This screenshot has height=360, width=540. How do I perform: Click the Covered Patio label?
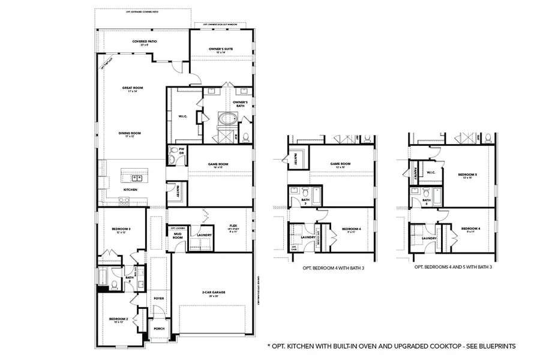(x=144, y=42)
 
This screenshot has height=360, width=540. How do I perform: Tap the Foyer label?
(x=158, y=298)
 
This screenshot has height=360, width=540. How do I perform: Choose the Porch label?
(x=159, y=329)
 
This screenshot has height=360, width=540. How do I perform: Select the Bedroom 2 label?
(x=118, y=319)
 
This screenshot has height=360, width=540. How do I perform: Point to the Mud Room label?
(x=178, y=236)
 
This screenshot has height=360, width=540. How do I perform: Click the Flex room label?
(x=233, y=227)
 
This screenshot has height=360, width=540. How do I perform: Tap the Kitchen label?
(x=131, y=190)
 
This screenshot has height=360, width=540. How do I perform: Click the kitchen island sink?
(x=137, y=178)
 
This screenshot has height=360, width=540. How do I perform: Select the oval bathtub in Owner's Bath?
(x=227, y=118)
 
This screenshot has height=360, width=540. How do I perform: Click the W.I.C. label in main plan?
(x=183, y=116)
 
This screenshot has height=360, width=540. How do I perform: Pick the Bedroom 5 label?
(x=469, y=176)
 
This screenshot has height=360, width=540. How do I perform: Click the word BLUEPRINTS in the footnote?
(x=493, y=346)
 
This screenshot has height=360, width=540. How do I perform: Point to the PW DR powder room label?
(x=181, y=152)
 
